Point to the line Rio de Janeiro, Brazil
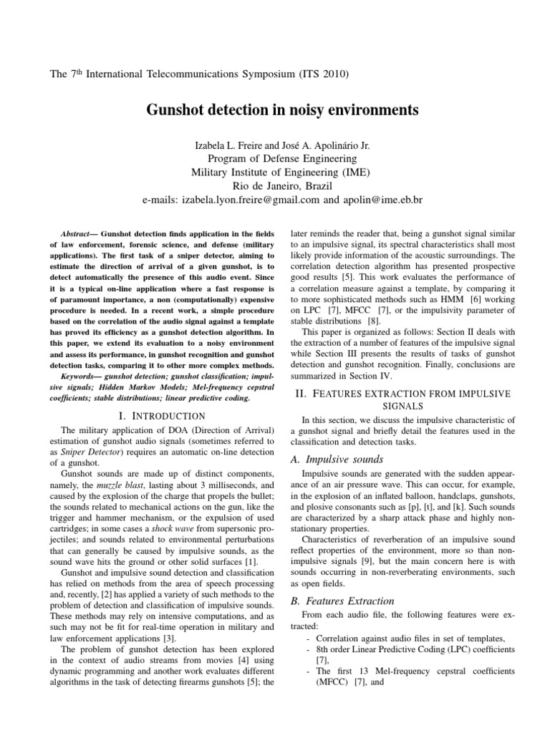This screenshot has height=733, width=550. (x=275, y=186)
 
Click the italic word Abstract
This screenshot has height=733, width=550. (x=71, y=234)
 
